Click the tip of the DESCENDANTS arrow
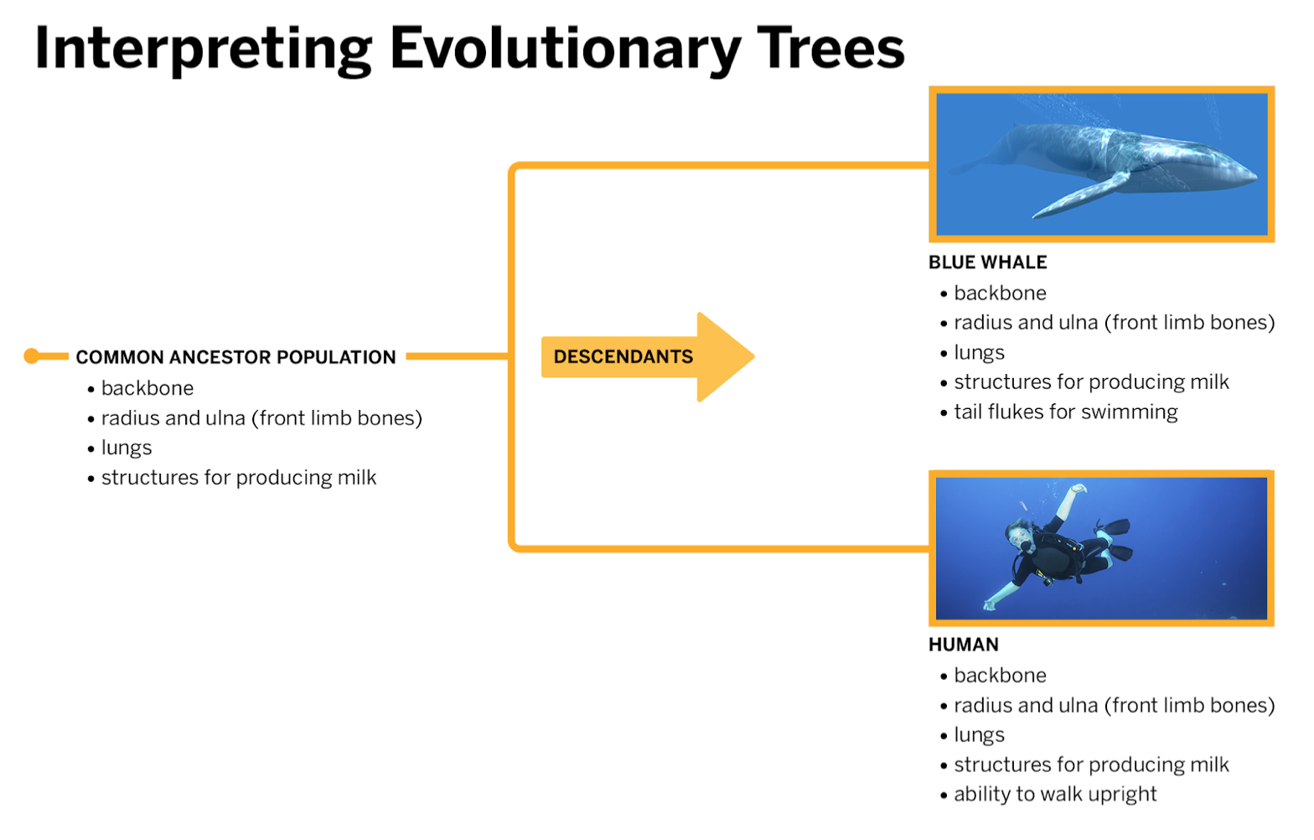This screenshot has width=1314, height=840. coord(754,356)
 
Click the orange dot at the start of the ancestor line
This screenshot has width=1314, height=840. coord(32,356)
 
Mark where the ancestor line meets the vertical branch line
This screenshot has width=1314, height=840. coord(511,356)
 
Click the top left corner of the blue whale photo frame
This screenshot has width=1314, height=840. coord(929,87)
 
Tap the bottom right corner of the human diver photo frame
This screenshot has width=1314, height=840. coord(1274,625)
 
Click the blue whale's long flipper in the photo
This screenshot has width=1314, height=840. coord(1080,196)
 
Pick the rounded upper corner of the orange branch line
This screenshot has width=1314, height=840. coord(514,168)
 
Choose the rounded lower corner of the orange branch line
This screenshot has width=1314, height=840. coord(514,546)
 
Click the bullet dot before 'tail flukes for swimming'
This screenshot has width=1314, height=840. coord(944,413)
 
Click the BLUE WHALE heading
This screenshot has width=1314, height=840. coord(988,262)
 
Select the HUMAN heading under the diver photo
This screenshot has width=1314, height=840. coord(964,645)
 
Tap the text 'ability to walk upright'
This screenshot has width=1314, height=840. coord(1055,794)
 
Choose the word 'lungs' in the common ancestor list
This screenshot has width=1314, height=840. coord(126,448)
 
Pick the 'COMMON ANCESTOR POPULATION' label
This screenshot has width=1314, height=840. coord(235,357)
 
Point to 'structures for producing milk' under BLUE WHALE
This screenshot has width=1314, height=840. coord(1091,382)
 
